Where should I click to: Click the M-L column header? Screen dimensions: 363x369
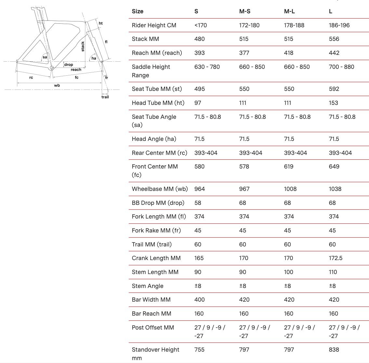[x=289, y=11]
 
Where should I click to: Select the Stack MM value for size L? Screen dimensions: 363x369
[x=334, y=39]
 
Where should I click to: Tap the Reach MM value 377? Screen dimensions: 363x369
[x=244, y=53]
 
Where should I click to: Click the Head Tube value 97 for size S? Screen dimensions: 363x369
[x=198, y=103]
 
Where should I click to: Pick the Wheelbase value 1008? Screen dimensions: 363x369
[x=290, y=189]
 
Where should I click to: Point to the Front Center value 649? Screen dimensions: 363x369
[x=334, y=167]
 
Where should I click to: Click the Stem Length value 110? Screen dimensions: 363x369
[x=333, y=272]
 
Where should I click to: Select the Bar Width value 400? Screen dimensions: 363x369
[x=200, y=300]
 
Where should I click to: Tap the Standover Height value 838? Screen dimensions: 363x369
[x=334, y=350]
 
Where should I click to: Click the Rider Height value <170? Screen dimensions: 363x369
[x=201, y=25]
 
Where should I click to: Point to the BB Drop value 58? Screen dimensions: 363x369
[x=198, y=203]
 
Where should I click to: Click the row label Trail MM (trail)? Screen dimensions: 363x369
[x=152, y=244]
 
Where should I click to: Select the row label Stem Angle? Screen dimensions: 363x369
[x=148, y=286]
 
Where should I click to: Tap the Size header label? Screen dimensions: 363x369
[x=138, y=11]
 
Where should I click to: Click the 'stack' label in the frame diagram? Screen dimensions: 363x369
[x=83, y=46]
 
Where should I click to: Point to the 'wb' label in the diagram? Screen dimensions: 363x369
[x=57, y=85]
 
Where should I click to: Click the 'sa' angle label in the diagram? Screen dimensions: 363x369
[x=45, y=57]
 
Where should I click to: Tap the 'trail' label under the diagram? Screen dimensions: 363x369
[x=105, y=97]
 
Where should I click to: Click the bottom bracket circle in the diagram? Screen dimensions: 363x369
[x=51, y=68]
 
